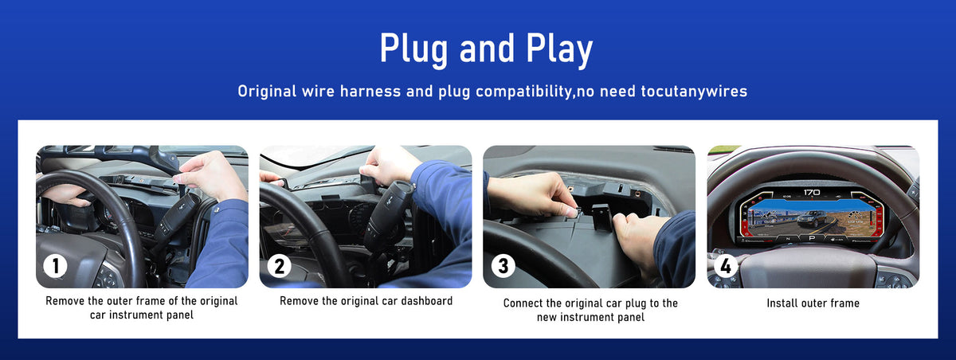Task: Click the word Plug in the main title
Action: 413,49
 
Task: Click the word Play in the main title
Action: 559,49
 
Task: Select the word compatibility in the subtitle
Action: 524,92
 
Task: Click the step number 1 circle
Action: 55,266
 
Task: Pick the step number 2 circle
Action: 279,266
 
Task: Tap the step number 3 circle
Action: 503,266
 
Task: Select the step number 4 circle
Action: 726,265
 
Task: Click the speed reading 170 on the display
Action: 812,193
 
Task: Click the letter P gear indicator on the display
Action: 812,238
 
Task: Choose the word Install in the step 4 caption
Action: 782,303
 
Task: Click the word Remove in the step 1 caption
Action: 65,301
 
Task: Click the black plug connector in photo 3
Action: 601,217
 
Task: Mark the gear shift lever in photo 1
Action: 177,217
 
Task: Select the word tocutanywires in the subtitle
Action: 694,92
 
